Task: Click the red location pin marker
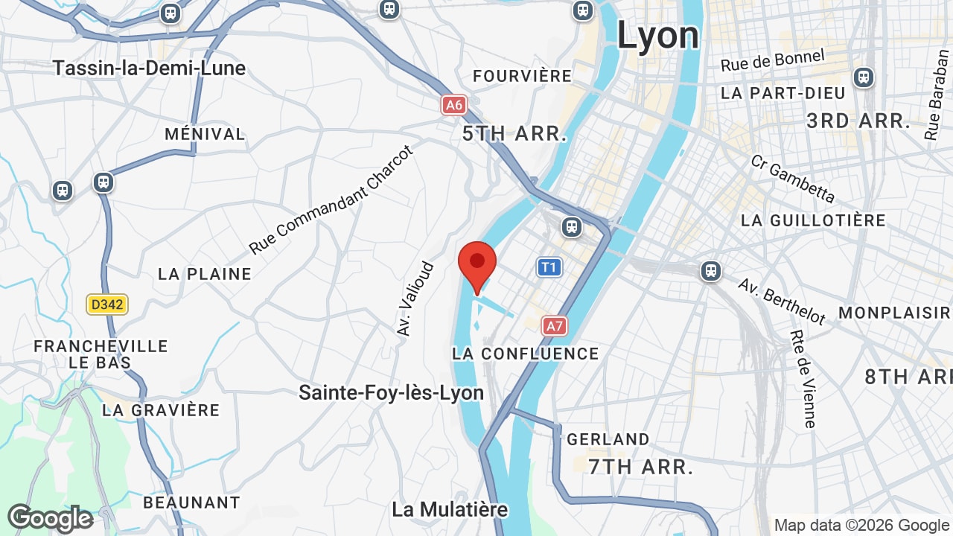(x=477, y=265)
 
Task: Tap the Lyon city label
(x=658, y=36)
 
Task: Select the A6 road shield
(x=453, y=105)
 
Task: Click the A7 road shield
(x=554, y=325)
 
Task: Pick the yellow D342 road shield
(x=107, y=304)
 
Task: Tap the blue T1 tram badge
(x=549, y=267)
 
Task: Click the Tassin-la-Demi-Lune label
(x=149, y=68)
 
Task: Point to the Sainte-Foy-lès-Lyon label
(x=391, y=392)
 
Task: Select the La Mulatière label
(x=450, y=509)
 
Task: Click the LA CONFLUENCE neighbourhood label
(x=526, y=354)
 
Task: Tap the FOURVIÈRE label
(x=523, y=76)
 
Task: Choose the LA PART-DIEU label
(x=783, y=93)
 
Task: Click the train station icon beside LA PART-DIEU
(x=863, y=77)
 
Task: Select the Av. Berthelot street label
(x=781, y=301)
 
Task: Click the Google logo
(x=50, y=518)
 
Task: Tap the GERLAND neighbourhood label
(x=608, y=439)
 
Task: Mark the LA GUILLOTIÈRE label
(x=813, y=220)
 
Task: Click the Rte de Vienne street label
(x=803, y=379)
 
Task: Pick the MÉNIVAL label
(x=205, y=134)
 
